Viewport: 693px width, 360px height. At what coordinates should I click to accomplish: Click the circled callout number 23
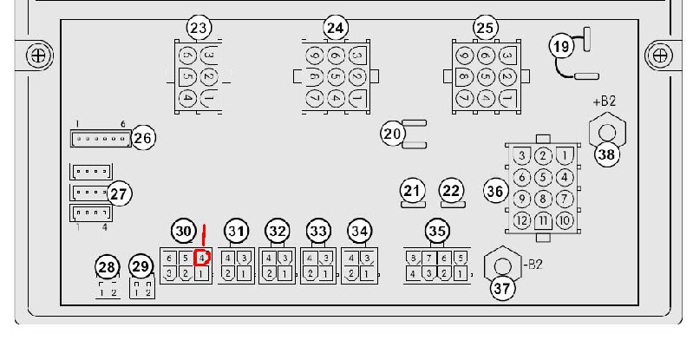tap(199, 29)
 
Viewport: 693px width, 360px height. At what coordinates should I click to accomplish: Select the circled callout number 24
tap(335, 29)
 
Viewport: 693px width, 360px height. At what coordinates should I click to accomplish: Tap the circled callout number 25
tap(484, 29)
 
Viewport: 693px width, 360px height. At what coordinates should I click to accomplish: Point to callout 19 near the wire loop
tap(562, 46)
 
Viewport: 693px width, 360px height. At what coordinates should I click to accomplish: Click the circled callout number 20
tap(393, 134)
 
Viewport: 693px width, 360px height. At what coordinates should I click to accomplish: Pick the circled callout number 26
tap(143, 137)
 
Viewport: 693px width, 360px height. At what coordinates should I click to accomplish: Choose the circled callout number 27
tap(119, 193)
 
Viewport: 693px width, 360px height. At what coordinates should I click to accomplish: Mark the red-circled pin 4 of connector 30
tap(201, 259)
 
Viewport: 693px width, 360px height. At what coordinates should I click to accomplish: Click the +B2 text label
tap(604, 101)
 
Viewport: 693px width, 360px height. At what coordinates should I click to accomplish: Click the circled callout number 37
tap(500, 289)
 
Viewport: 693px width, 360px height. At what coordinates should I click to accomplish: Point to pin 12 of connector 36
tap(521, 220)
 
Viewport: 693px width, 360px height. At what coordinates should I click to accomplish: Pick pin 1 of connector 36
tap(565, 156)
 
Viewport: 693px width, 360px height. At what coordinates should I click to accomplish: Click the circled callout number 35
tap(436, 231)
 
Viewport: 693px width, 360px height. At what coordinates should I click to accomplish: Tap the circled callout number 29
tap(141, 266)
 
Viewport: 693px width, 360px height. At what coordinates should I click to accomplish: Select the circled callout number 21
tap(411, 190)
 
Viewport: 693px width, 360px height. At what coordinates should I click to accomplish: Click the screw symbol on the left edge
tap(37, 56)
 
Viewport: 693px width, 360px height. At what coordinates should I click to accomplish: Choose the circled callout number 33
tap(318, 231)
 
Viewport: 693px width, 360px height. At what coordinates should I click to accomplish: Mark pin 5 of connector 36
tap(543, 178)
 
